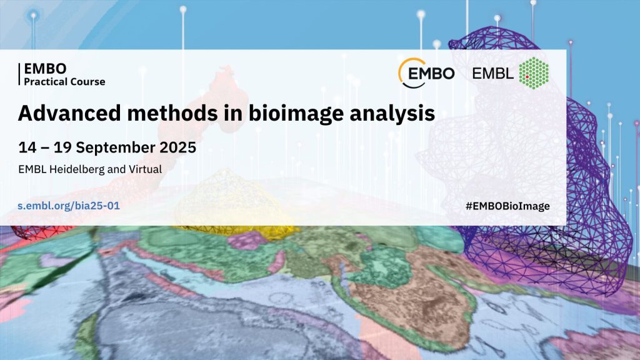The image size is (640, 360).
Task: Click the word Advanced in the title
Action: click(x=69, y=112)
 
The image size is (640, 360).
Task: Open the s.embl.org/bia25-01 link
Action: click(x=69, y=205)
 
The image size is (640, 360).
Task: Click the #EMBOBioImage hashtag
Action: click(x=507, y=206)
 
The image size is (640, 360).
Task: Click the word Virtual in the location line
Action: click(x=145, y=169)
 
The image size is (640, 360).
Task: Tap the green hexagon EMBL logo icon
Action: click(x=534, y=73)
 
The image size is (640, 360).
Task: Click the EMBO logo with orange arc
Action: click(x=426, y=73)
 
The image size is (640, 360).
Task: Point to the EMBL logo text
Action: click(x=492, y=74)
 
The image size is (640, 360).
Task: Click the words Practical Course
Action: click(x=64, y=82)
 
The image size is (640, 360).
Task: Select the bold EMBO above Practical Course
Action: click(x=45, y=68)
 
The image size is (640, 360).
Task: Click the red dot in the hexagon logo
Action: click(x=527, y=77)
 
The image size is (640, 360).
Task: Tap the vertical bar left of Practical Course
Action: click(x=19, y=74)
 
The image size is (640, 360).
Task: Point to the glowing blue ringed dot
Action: click(x=34, y=16)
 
